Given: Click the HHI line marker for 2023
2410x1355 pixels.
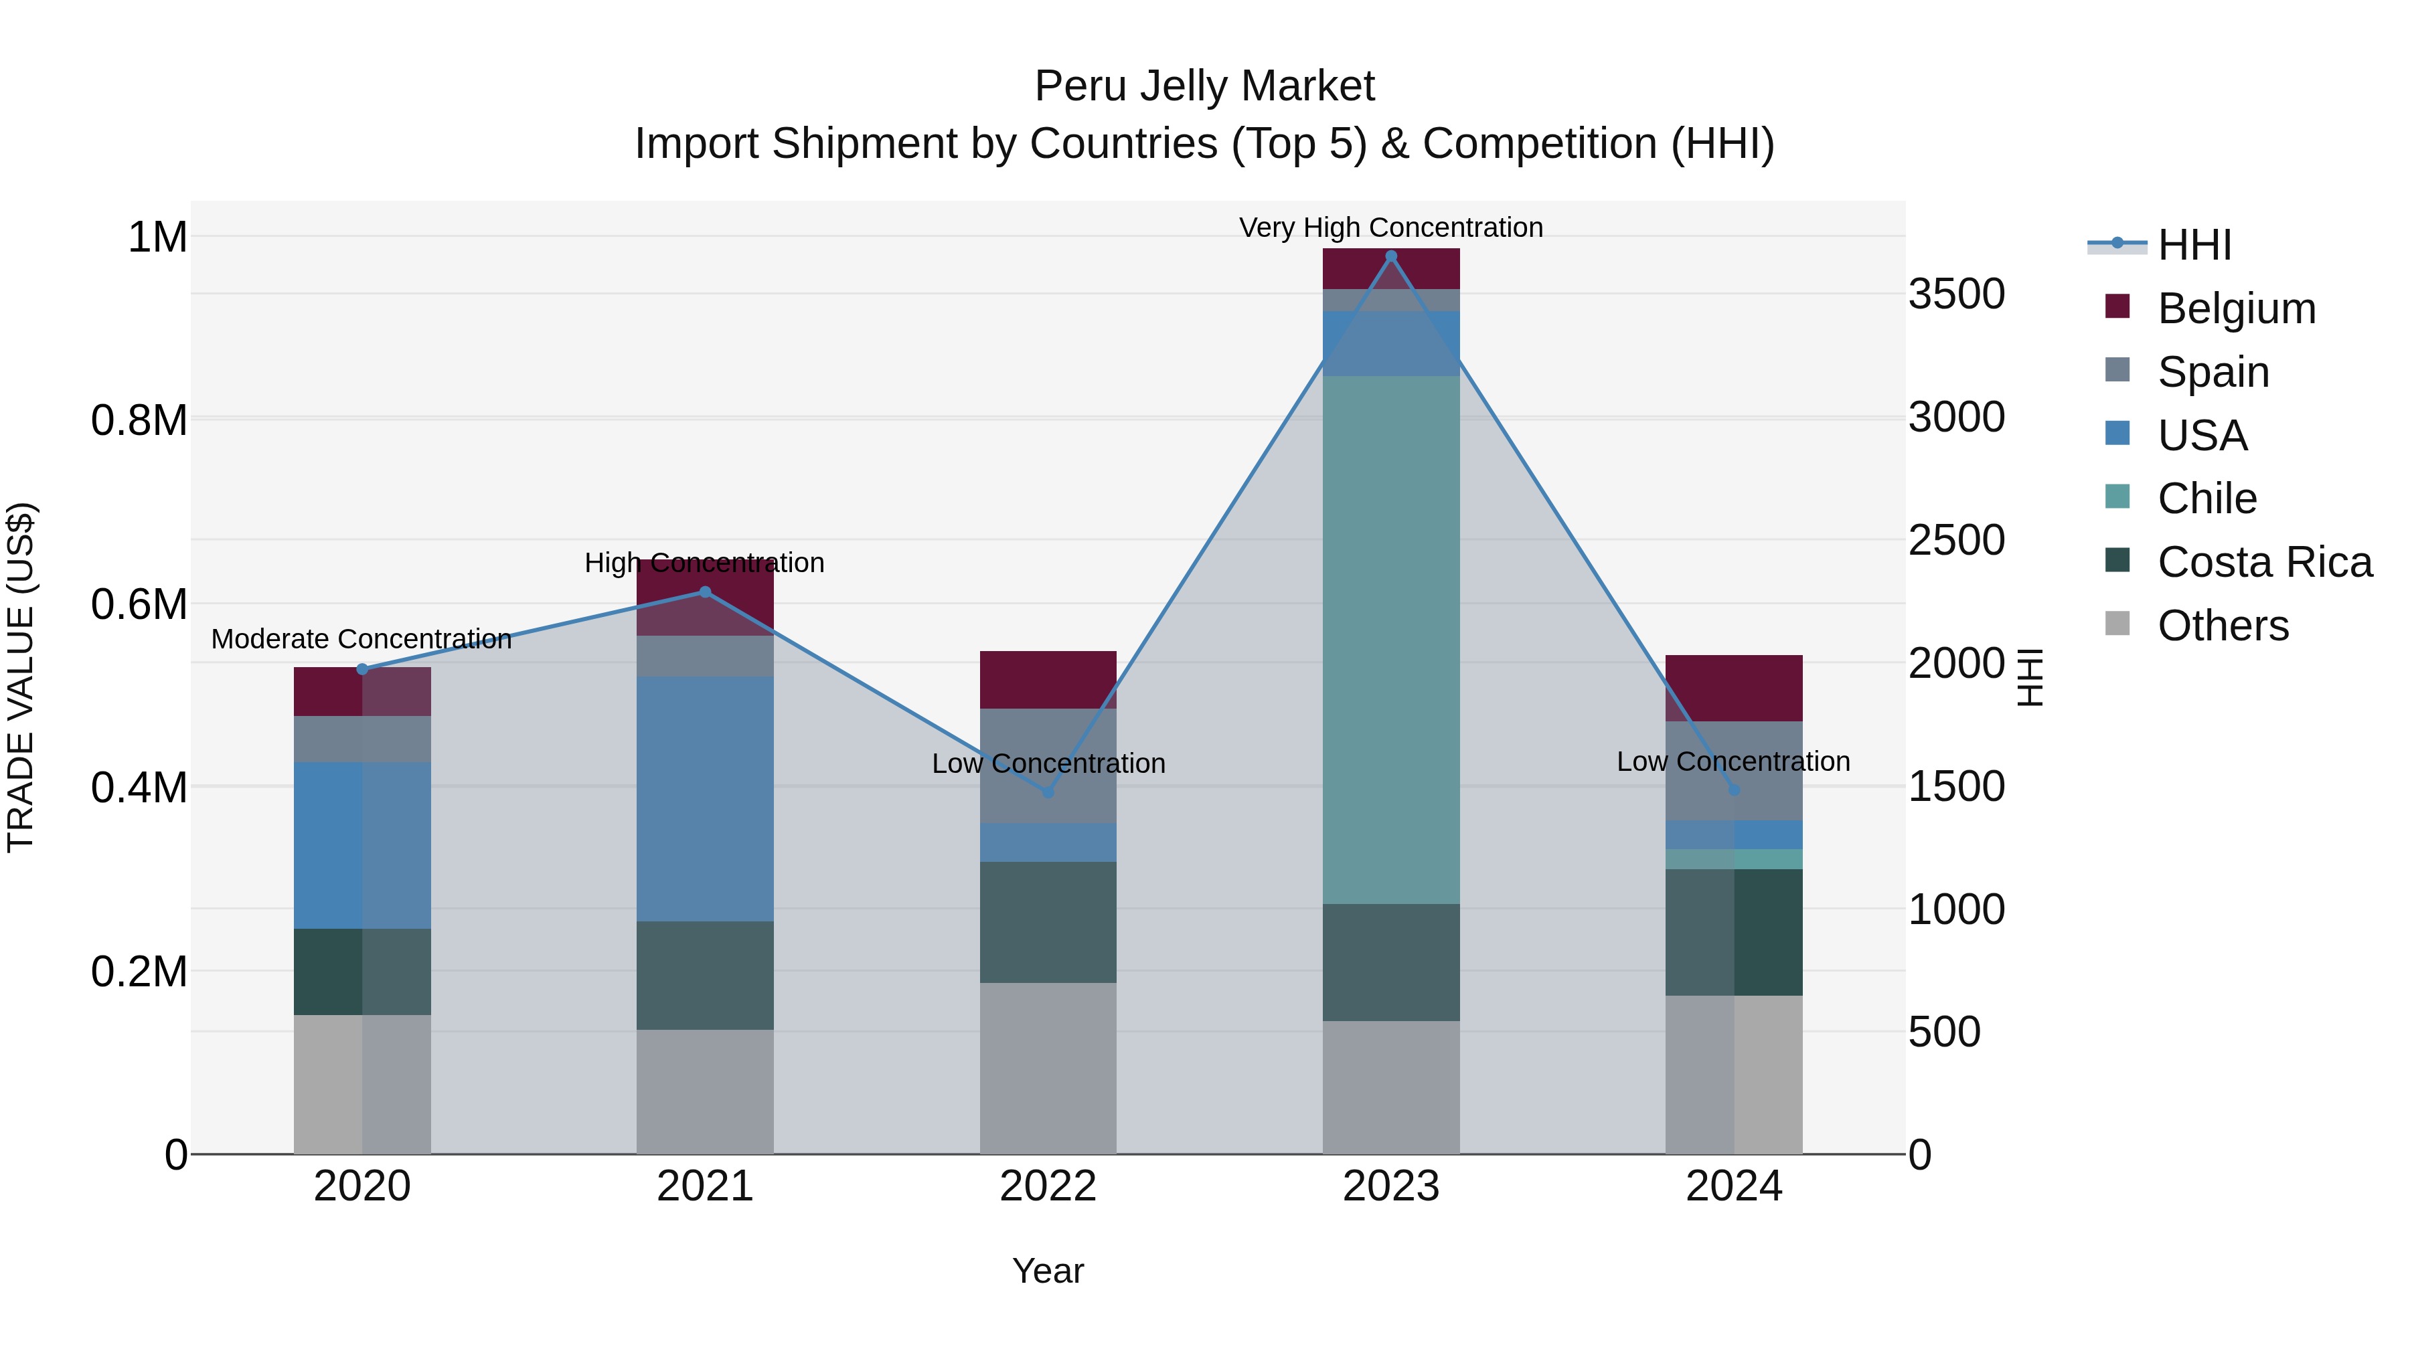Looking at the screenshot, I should click(1390, 256).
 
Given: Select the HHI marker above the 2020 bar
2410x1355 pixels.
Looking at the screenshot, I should click(363, 668).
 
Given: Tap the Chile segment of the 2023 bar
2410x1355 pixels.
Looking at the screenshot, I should click(1390, 640).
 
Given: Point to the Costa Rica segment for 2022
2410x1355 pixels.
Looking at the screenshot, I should click(1048, 921).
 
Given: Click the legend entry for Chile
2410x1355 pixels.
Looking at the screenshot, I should click(2206, 499).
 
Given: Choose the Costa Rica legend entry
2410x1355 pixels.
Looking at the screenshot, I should click(2264, 562).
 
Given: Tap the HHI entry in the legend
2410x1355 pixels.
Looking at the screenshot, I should click(2194, 245).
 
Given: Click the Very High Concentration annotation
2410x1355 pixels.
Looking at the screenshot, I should click(1390, 228).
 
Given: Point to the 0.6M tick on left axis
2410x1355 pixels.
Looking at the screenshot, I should click(139, 604).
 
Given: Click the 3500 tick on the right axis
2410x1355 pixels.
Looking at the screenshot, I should click(1956, 294).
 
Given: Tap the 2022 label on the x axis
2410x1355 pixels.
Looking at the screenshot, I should click(1048, 1186).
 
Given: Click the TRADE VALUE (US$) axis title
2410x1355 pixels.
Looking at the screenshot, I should click(21, 677).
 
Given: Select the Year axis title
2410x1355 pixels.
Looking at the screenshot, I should click(1048, 1271).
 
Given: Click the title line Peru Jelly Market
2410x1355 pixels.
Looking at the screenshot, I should click(1204, 86).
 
